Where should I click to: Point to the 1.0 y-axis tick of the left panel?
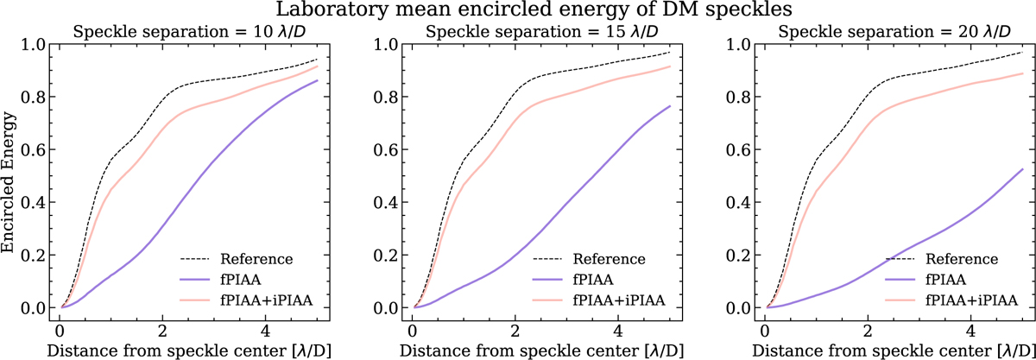point(32,43)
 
